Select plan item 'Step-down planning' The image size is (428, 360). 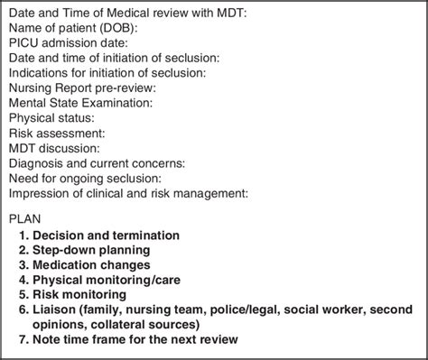(x=90, y=250)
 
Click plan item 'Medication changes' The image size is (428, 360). (x=91, y=264)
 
